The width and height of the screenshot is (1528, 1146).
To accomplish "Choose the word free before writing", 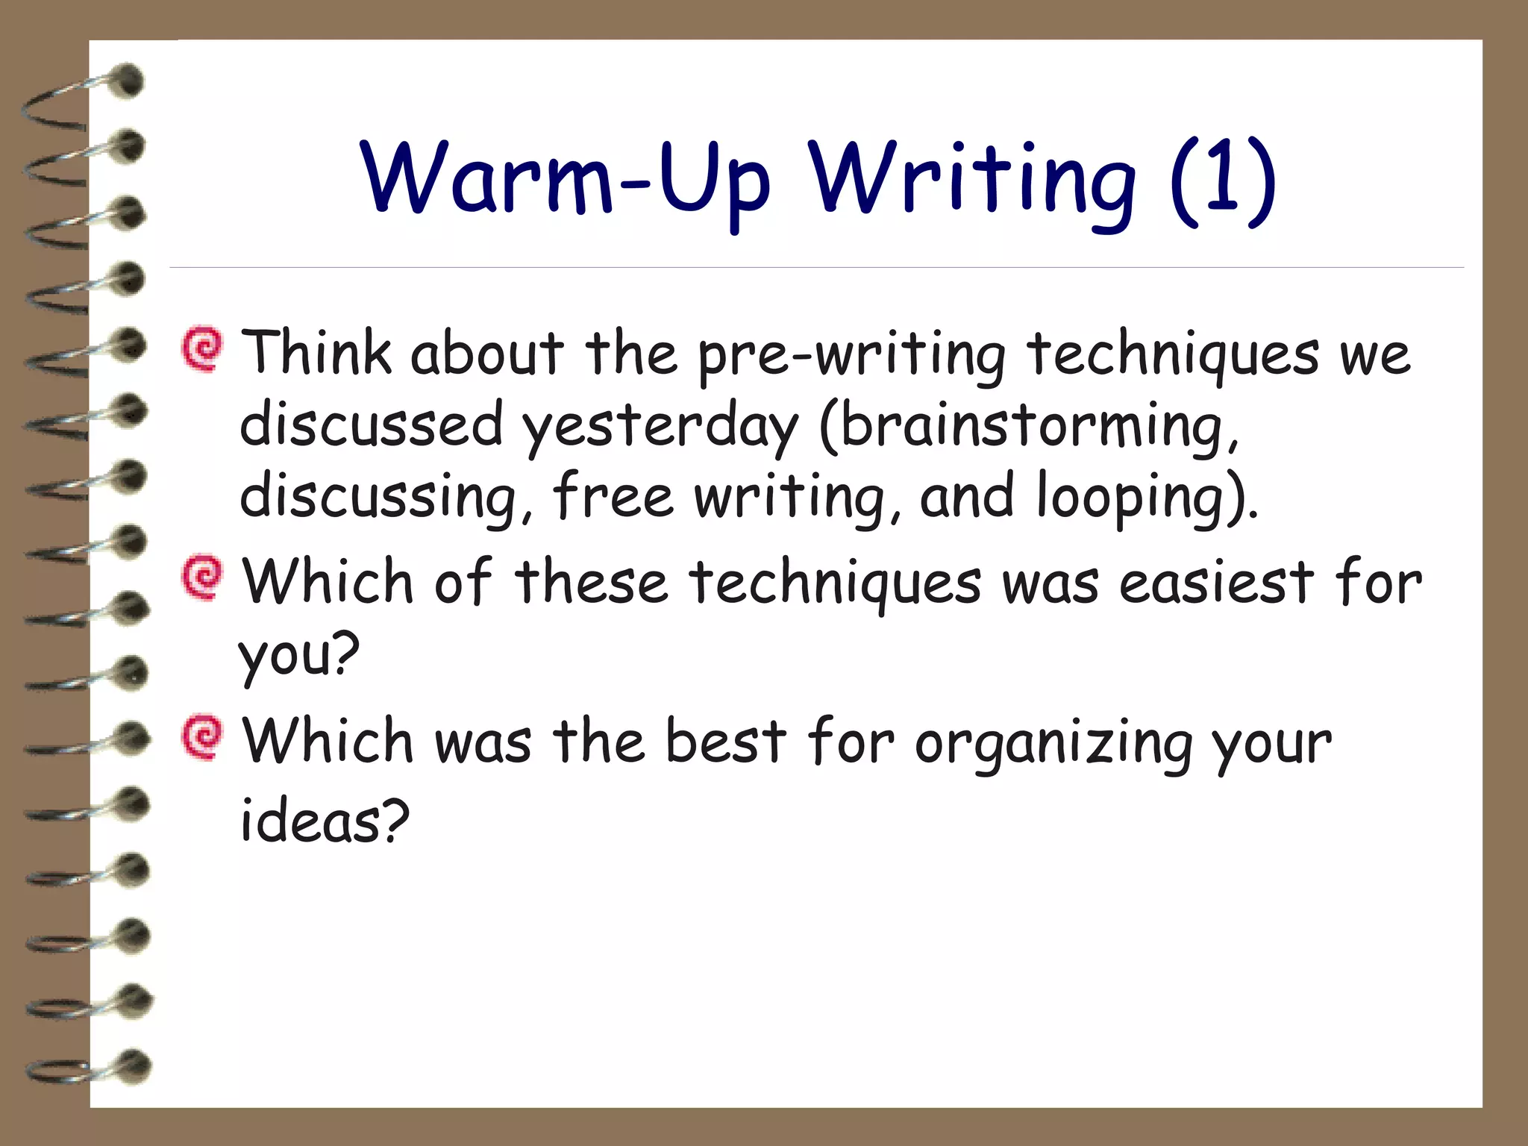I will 613,496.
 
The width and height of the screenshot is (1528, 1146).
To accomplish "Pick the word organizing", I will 1053,744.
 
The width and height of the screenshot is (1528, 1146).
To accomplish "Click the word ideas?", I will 325,821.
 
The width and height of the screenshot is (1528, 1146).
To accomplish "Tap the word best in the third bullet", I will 725,742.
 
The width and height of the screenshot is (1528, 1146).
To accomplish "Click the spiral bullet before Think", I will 202,348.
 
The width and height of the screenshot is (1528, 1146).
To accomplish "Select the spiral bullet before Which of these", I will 202,577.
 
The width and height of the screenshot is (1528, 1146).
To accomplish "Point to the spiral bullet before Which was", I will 202,737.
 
